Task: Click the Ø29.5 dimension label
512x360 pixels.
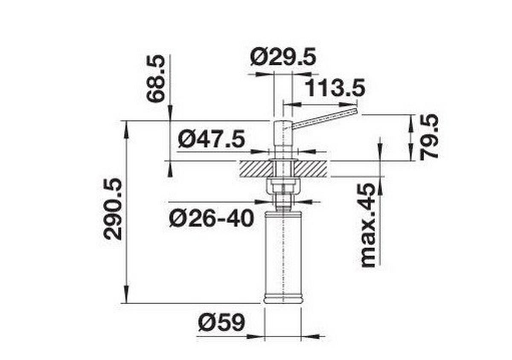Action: [x=283, y=57]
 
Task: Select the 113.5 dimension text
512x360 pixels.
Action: [x=335, y=89]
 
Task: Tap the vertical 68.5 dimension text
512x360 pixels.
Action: [x=156, y=80]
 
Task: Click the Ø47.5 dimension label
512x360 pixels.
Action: [x=212, y=139]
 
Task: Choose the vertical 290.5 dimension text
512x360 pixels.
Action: [x=113, y=209]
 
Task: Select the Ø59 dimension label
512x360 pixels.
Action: [x=221, y=323]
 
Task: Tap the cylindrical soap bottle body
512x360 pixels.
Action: [x=283, y=252]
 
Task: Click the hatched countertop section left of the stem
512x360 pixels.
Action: [x=254, y=168]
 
